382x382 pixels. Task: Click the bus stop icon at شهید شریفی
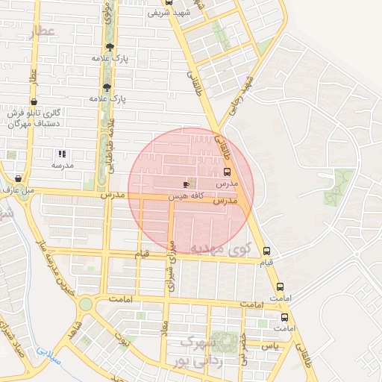coord(168,2)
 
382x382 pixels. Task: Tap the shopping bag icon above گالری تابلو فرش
coord(34,101)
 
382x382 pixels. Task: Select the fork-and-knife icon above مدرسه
coord(61,154)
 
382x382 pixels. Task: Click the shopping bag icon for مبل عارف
coord(18,179)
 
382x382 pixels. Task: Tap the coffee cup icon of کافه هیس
coord(185,183)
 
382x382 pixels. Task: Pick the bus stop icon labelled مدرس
coord(227,171)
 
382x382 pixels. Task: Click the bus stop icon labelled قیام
coord(266,251)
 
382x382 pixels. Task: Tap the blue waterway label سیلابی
coord(46,351)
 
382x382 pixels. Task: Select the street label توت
coord(125,343)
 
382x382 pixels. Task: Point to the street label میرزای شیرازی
coord(171,265)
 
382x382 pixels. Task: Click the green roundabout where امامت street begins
coord(86,304)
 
